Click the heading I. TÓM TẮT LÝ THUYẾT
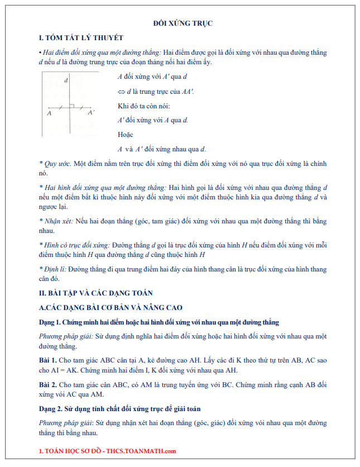pyautogui.click(x=81, y=37)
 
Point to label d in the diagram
pyautogui.click(x=66, y=81)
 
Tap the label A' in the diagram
pyautogui.click(x=90, y=113)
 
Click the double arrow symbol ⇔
pyautogui.click(x=121, y=91)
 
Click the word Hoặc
pyautogui.click(x=126, y=135)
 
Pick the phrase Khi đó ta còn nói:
pyautogui.click(x=144, y=106)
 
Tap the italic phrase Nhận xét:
pyautogui.click(x=57, y=222)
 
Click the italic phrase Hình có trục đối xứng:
pyautogui.click(x=76, y=245)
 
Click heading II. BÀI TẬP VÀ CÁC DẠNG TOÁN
pyautogui.click(x=95, y=293)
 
